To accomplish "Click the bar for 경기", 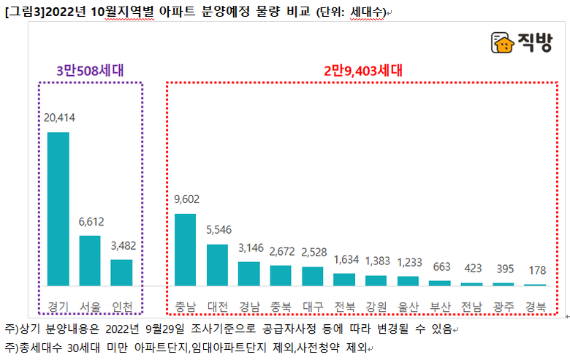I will point(58,209).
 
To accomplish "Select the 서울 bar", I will point(90,260).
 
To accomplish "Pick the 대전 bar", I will point(217,264).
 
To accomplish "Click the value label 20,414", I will point(58,117).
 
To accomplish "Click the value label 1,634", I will point(344,259).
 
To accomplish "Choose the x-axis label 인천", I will point(121,305).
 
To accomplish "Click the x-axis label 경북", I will point(535,305).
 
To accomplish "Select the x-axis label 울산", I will point(408,305).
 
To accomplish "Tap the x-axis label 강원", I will point(376,305).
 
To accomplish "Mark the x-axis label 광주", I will point(503,305).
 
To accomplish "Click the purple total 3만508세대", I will point(90,71).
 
